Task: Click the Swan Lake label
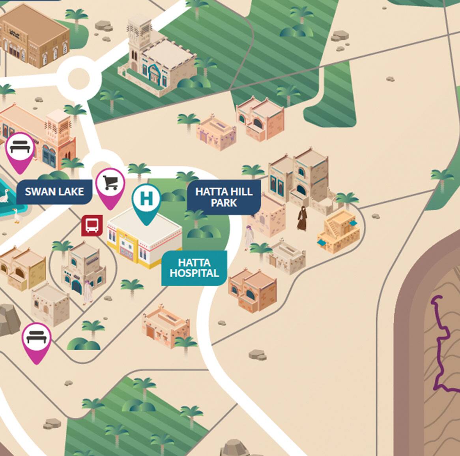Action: (x=54, y=192)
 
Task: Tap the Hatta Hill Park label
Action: (x=224, y=197)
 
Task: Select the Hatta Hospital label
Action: (x=194, y=268)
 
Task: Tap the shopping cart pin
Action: (x=110, y=184)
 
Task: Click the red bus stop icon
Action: (x=92, y=226)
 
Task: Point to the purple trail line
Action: (x=441, y=347)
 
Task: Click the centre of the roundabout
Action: (x=79, y=78)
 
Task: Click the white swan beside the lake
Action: (x=4, y=196)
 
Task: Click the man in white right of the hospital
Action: (x=249, y=237)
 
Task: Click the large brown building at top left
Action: (x=34, y=36)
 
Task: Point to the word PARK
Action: (x=224, y=203)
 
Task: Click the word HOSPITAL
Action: (x=194, y=273)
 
